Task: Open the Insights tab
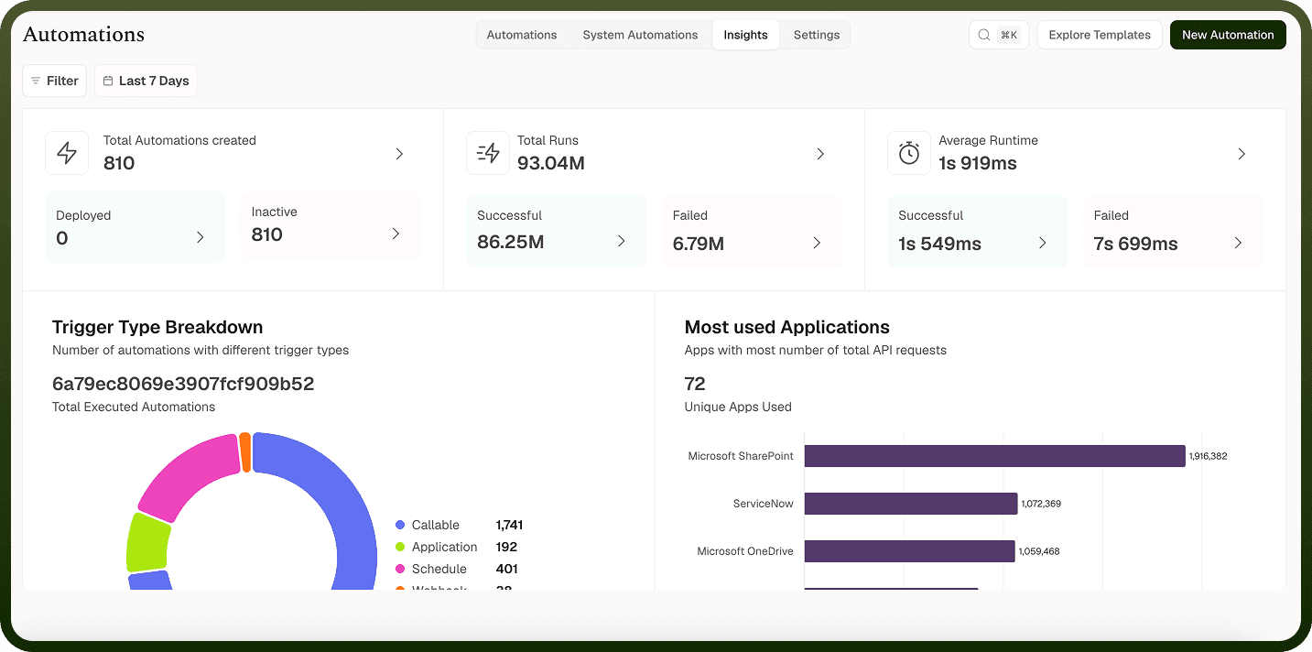click(745, 35)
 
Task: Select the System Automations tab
click(640, 35)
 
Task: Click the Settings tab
click(817, 35)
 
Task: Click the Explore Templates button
click(1100, 35)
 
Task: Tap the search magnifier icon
click(984, 35)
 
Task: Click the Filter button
click(54, 81)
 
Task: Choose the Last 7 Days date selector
click(146, 81)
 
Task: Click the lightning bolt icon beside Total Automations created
click(67, 153)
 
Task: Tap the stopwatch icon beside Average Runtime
click(909, 153)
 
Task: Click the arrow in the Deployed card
click(201, 237)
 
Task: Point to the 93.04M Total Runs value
click(550, 163)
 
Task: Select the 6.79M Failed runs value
click(699, 243)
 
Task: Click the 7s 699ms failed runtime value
click(1135, 243)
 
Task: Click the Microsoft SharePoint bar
click(994, 456)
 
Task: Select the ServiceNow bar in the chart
click(911, 504)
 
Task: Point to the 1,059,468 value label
click(1039, 551)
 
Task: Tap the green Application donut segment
click(147, 542)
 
